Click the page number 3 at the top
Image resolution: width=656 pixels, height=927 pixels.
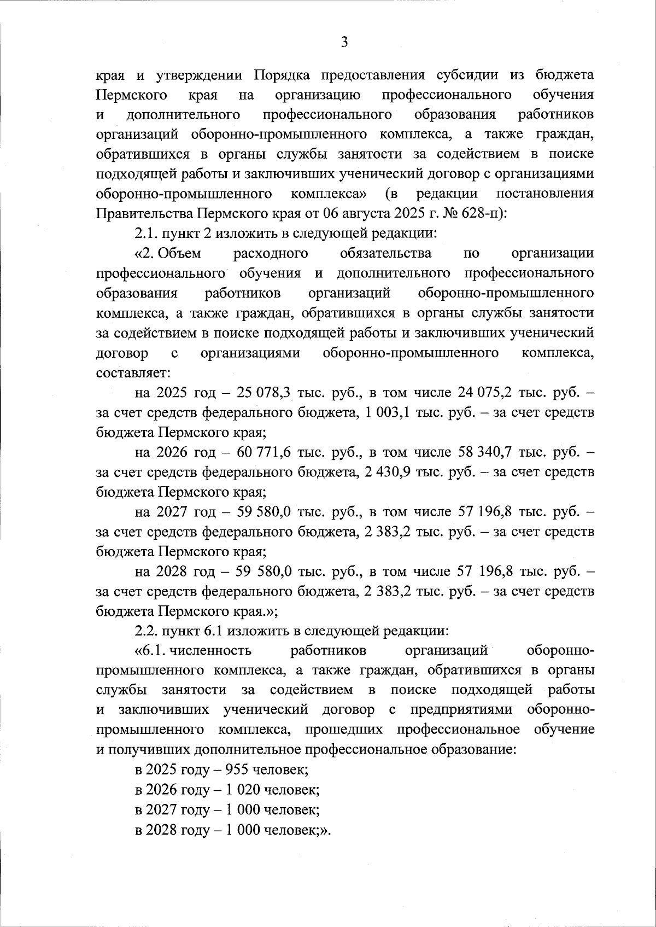click(x=344, y=42)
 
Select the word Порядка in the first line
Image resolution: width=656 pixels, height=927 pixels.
click(x=283, y=74)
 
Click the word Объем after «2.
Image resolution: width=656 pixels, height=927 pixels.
click(x=181, y=253)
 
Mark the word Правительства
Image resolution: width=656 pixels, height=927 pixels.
click(x=145, y=213)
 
